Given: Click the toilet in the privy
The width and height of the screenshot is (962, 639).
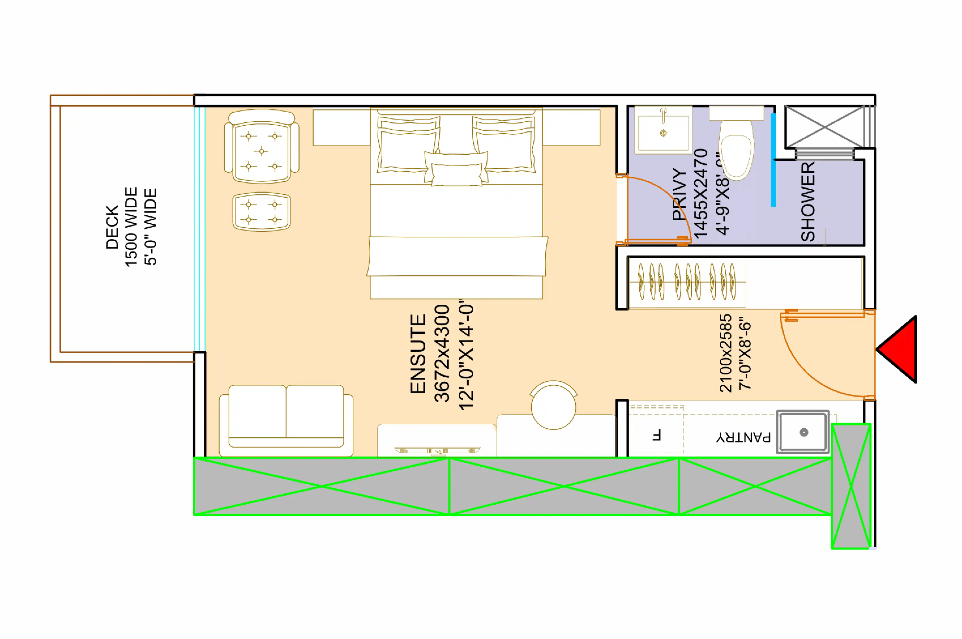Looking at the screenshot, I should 736,148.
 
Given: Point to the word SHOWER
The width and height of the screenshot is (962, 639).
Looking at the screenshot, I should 808,201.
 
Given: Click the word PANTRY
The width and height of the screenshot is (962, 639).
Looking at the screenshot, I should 743,437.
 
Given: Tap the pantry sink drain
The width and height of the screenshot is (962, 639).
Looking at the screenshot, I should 803,433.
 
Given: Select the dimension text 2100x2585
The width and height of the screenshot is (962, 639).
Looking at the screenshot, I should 725,353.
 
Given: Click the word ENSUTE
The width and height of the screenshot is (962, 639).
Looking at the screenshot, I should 418,354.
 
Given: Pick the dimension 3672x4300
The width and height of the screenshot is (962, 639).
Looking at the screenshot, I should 442,353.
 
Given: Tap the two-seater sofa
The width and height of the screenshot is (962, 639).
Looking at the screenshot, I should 286,420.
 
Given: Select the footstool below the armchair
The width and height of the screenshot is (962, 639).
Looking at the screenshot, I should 262,212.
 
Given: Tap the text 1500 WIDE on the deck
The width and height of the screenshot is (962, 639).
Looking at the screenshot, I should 131,227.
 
